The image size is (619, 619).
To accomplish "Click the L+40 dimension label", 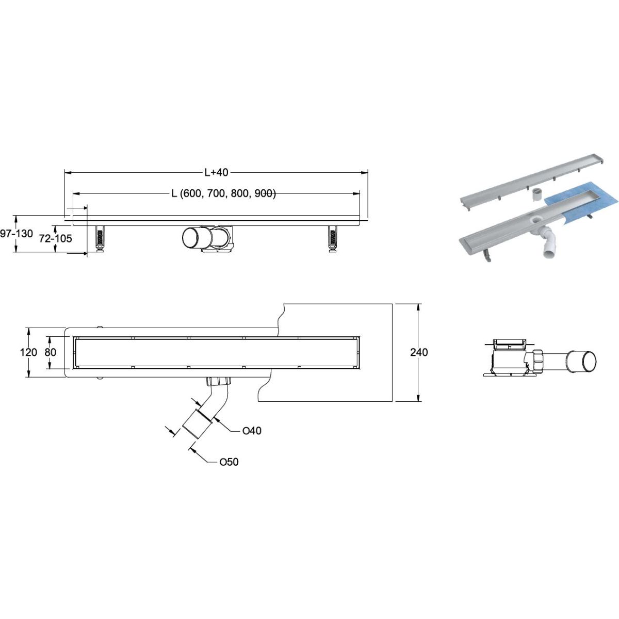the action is coord(216,172).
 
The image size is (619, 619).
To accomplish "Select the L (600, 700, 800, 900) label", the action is coord(223,193).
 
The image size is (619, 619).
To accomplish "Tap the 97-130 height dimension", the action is coord(17,234).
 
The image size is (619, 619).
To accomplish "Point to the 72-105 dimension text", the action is coord(56,238).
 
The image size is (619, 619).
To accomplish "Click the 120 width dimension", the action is coord(28,352).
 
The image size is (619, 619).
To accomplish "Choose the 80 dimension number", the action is coord(51,352).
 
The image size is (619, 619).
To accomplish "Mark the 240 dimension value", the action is coord(419,352).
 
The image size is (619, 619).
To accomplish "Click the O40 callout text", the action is coord(252,431).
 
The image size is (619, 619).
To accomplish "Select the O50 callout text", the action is coord(229,462).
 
